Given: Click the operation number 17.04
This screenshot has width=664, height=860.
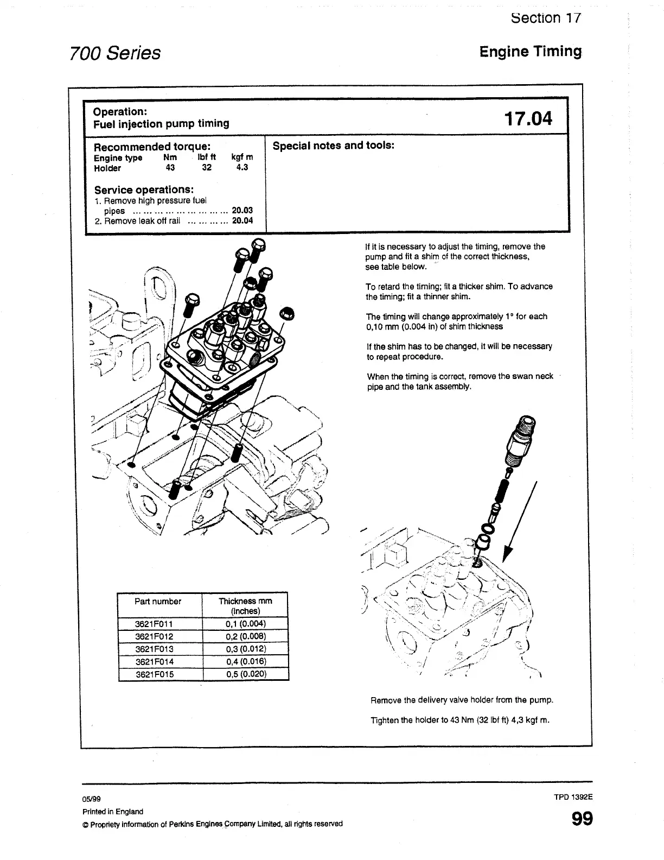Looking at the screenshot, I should (x=528, y=118).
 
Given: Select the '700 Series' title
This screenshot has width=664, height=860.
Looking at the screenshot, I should (x=115, y=53).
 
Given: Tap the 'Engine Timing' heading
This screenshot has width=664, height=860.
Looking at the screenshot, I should (x=530, y=52).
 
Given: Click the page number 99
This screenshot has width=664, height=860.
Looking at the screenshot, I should (x=582, y=819).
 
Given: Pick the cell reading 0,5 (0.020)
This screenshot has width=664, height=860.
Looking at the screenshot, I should (x=246, y=674).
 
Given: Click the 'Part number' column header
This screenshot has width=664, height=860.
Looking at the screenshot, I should (x=158, y=602).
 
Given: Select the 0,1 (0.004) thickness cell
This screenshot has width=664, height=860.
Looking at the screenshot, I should (x=246, y=624).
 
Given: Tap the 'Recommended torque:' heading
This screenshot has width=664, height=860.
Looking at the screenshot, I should (x=152, y=147).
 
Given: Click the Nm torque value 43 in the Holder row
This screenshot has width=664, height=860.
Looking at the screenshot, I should (x=170, y=168).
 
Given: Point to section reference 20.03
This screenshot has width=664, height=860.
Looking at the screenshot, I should (x=242, y=211).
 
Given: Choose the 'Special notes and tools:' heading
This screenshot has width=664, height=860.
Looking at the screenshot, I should (x=333, y=146).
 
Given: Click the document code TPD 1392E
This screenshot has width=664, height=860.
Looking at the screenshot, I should (x=573, y=798).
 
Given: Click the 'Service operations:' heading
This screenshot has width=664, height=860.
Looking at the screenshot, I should (x=144, y=190).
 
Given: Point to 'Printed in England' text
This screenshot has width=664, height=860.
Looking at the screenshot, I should (x=113, y=812).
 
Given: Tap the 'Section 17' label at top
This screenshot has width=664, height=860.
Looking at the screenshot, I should (x=546, y=18).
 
